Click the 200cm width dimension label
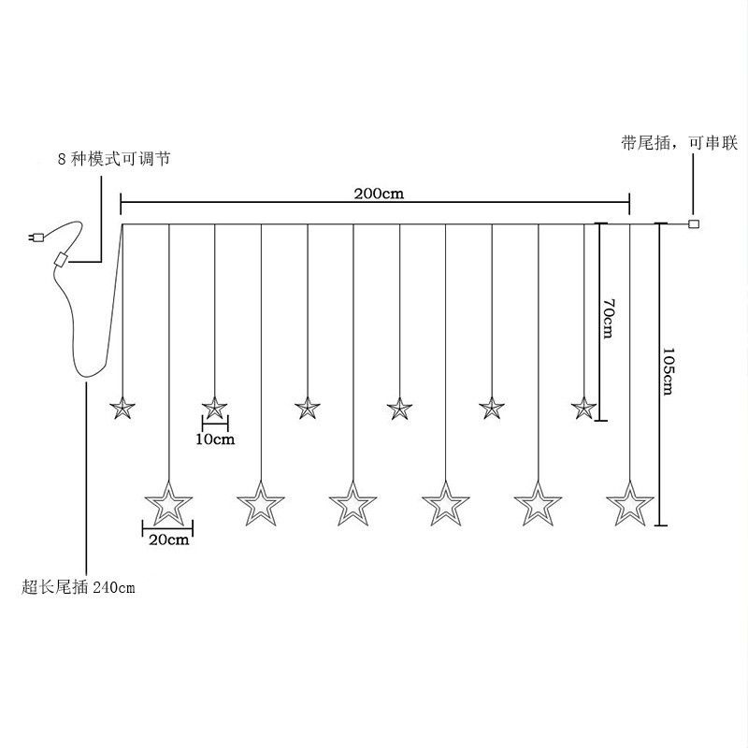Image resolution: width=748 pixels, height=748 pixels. (x=378, y=194)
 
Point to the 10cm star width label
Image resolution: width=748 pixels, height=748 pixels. (x=215, y=438)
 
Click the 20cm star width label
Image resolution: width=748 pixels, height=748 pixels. (x=169, y=540)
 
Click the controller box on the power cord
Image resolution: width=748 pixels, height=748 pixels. (x=63, y=260)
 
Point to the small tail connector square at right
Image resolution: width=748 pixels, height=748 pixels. (x=694, y=223)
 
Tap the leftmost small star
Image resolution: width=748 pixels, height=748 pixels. (x=122, y=408)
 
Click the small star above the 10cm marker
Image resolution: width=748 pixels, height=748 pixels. (x=215, y=408)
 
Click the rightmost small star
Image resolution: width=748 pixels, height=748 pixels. (x=584, y=408)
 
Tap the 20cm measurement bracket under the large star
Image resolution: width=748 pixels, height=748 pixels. (x=168, y=529)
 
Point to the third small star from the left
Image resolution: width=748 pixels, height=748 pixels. (x=307, y=408)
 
